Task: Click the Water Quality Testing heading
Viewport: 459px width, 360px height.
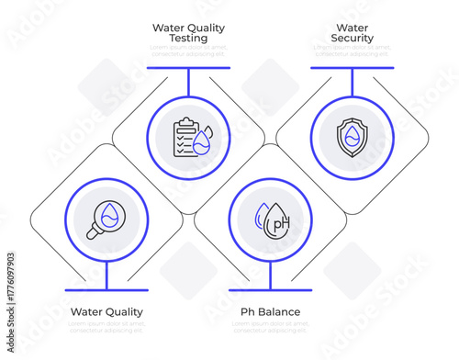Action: coord(188,33)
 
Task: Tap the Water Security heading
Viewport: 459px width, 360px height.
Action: coord(353,33)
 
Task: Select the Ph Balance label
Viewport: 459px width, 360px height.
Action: coord(270,312)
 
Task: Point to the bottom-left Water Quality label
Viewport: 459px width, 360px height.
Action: coord(106,312)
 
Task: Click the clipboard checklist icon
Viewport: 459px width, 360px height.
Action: coord(190,138)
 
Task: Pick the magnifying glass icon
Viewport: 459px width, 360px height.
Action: coord(106,219)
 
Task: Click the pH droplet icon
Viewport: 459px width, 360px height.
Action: coord(271,219)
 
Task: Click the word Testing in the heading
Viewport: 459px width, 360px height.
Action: coord(188,39)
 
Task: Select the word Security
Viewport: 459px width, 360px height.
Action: coord(353,39)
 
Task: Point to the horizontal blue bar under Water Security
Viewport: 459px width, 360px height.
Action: coord(353,67)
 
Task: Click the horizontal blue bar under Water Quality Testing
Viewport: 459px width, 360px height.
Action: coord(188,67)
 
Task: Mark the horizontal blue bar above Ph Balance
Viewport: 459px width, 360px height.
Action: coord(271,290)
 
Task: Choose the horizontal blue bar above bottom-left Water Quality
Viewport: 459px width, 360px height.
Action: coord(106,290)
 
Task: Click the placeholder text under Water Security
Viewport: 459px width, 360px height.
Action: coord(353,51)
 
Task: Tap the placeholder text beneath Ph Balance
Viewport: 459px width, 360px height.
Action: coord(270,327)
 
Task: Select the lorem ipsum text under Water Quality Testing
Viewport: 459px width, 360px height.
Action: coord(188,51)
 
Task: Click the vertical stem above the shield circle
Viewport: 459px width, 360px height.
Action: coord(353,82)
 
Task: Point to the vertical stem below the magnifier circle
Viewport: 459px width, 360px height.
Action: coord(106,276)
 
